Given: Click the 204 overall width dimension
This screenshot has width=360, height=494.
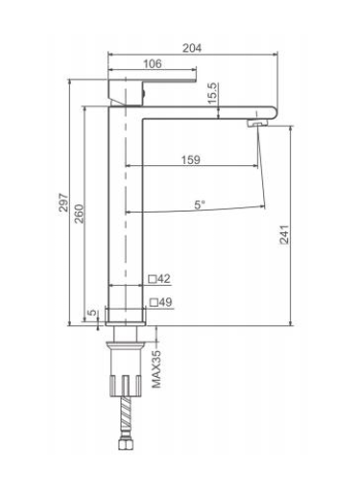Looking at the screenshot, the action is (192, 48).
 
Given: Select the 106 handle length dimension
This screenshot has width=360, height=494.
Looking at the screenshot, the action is (152, 63).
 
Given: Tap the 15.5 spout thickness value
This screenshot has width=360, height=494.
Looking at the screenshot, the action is (213, 93).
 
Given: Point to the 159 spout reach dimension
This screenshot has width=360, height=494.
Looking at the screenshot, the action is (191, 159).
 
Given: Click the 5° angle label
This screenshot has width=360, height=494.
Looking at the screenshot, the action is (200, 204).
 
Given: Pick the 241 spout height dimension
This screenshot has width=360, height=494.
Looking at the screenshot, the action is (284, 235).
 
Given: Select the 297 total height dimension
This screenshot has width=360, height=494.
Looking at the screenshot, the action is (63, 202).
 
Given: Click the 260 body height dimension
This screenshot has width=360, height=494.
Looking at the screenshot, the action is (79, 214).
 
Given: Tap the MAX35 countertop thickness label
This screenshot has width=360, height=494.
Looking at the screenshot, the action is (156, 369).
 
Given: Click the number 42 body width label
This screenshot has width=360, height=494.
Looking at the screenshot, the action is (164, 279).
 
